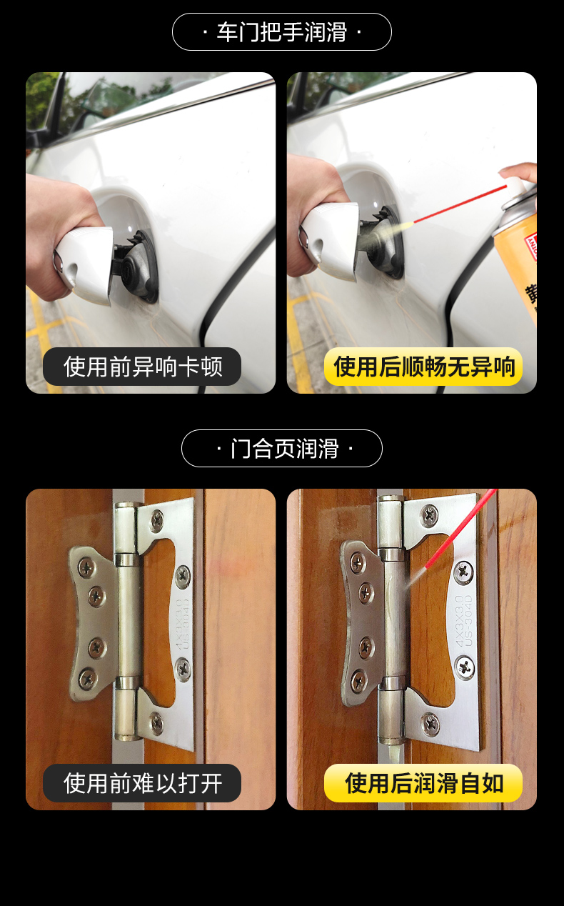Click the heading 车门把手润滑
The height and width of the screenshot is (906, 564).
click(281, 32)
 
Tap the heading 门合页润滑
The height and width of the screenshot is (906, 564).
click(284, 449)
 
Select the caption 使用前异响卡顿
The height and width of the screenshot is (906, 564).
click(143, 367)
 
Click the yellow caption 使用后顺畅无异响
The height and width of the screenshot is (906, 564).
click(424, 367)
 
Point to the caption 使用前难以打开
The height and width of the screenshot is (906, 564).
click(143, 783)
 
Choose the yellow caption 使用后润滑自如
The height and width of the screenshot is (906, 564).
click(424, 783)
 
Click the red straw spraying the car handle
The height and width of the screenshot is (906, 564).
click(460, 204)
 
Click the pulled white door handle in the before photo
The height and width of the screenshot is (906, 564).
click(86, 264)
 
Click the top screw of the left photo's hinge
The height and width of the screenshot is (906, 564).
click(157, 519)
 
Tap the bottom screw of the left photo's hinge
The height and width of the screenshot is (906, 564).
click(157, 722)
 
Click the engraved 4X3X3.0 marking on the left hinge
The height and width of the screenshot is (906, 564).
click(178, 624)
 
